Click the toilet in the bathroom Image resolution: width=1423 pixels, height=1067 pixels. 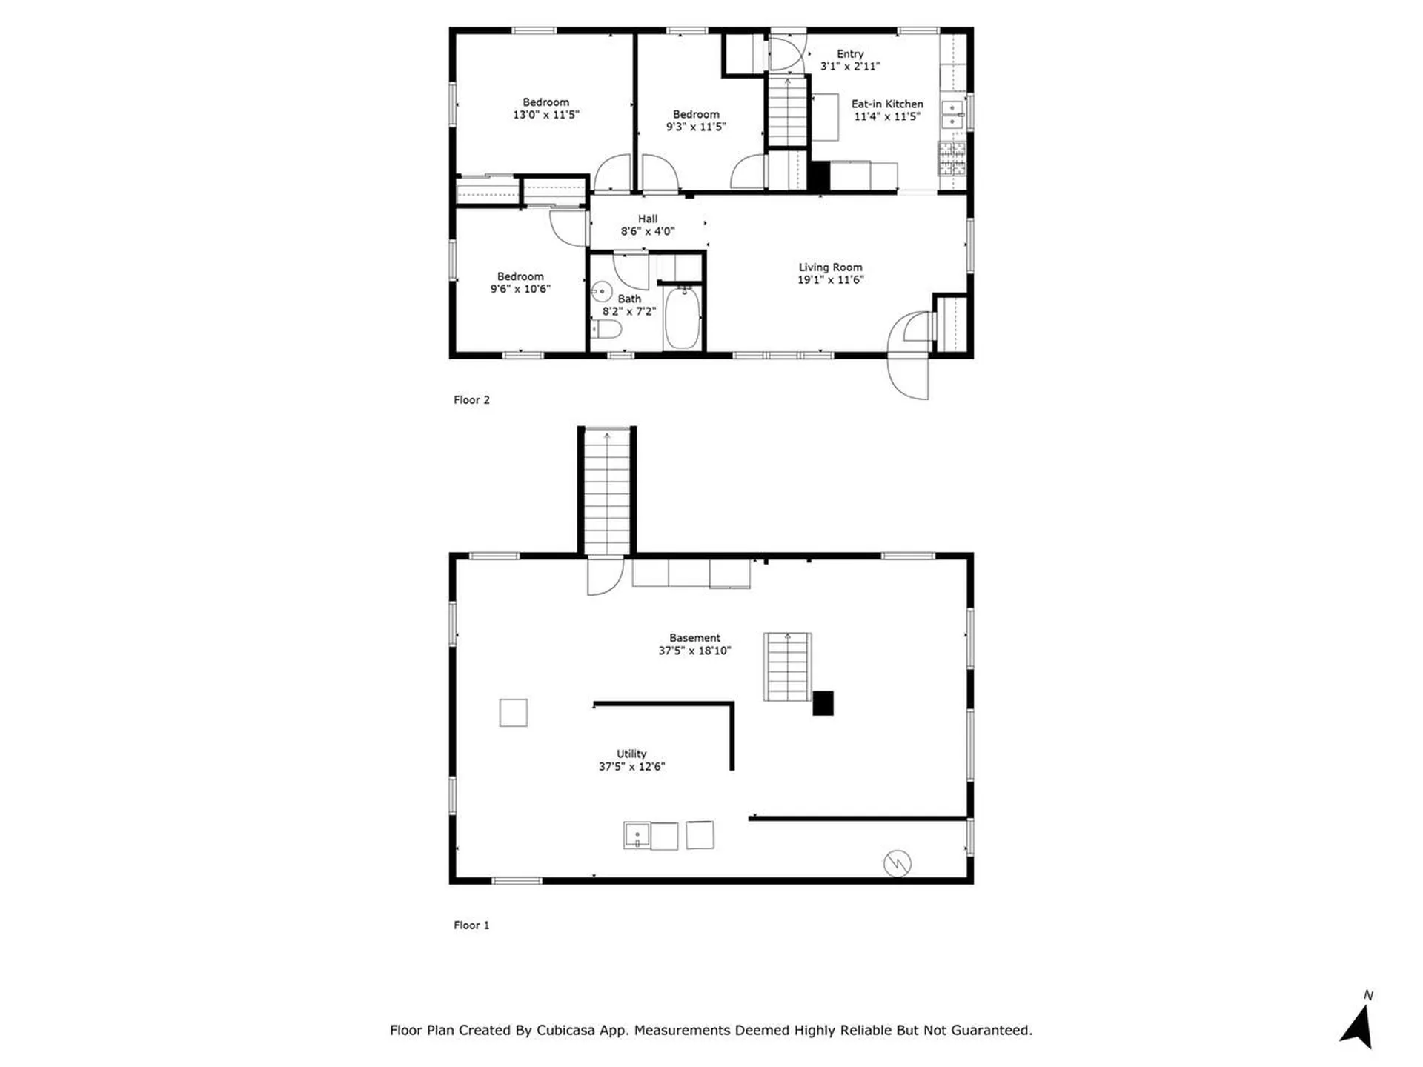point(606,329)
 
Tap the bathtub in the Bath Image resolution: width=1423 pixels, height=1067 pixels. point(683,319)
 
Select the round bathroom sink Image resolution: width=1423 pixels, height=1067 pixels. point(601,291)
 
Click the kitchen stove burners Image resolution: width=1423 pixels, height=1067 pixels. point(952,158)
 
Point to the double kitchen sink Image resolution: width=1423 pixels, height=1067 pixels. point(952,115)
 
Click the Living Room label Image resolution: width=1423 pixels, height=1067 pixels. point(830,267)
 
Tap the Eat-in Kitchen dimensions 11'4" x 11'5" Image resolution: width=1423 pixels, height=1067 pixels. point(887,116)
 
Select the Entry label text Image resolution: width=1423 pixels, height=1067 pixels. point(850,54)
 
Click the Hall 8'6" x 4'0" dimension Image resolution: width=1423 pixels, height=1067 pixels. point(648,231)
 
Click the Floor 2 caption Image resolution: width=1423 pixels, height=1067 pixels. point(471,400)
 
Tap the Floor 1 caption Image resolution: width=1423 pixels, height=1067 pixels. point(471,925)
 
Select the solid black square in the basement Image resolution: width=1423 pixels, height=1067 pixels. point(823,703)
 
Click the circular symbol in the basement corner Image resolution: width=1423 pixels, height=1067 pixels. point(897,863)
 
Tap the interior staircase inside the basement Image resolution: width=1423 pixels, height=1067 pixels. point(788,666)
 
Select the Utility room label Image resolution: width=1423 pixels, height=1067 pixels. point(631,754)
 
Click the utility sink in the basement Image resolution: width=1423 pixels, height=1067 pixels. point(637,836)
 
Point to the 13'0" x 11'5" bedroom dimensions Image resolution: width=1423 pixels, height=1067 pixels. point(546,115)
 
